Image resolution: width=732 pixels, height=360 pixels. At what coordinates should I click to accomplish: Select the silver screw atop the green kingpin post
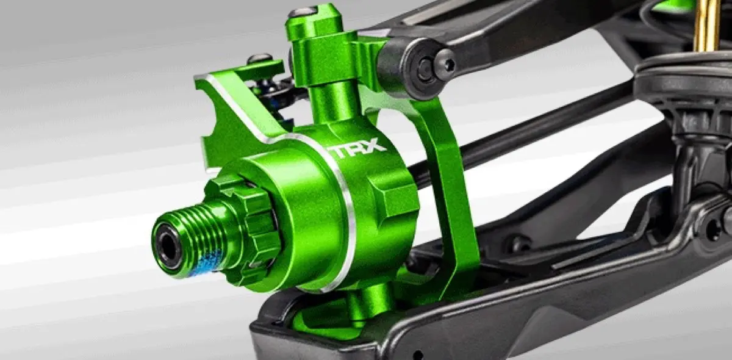click(303, 12)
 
